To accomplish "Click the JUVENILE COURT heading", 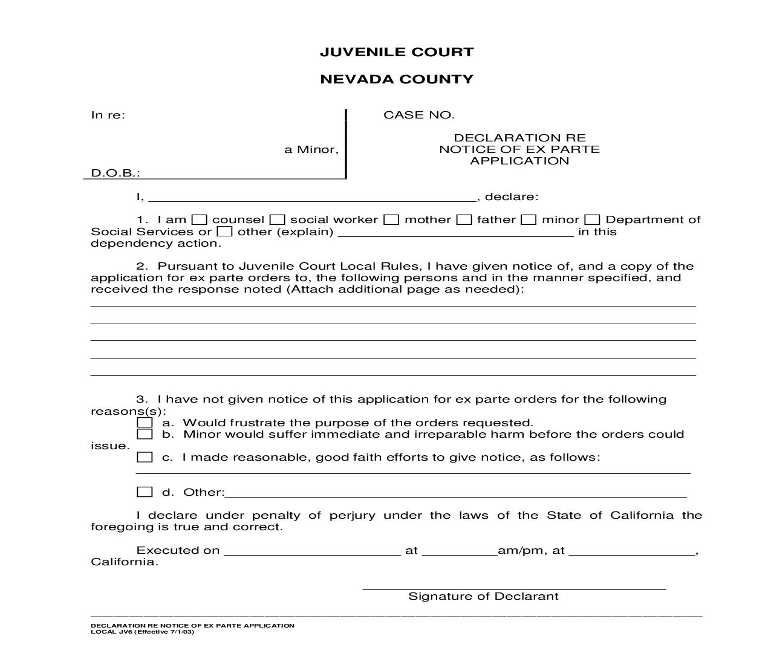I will click(x=397, y=52).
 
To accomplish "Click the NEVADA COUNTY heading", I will click(x=397, y=79).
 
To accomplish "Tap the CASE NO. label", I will click(x=418, y=115).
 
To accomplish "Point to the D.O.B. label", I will click(x=115, y=173).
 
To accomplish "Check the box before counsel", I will click(x=200, y=220).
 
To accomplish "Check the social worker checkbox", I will click(x=278, y=220).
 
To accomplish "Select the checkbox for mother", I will click(x=392, y=220).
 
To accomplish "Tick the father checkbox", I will click(x=464, y=220).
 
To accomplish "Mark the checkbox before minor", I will click(x=529, y=220).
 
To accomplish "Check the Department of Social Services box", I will click(x=593, y=220).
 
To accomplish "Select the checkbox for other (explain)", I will click(x=224, y=232).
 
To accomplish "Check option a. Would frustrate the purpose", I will click(x=145, y=423).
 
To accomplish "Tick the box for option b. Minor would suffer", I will click(x=145, y=434).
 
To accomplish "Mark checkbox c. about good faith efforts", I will click(x=145, y=457).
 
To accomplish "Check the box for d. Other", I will click(x=145, y=492).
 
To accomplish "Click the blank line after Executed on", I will click(x=312, y=550).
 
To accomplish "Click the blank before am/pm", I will click(x=459, y=550).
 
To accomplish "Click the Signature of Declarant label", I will click(x=483, y=596).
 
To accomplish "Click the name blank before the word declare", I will click(x=312, y=196).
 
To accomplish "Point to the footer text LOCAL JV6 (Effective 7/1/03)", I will click(x=143, y=632).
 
